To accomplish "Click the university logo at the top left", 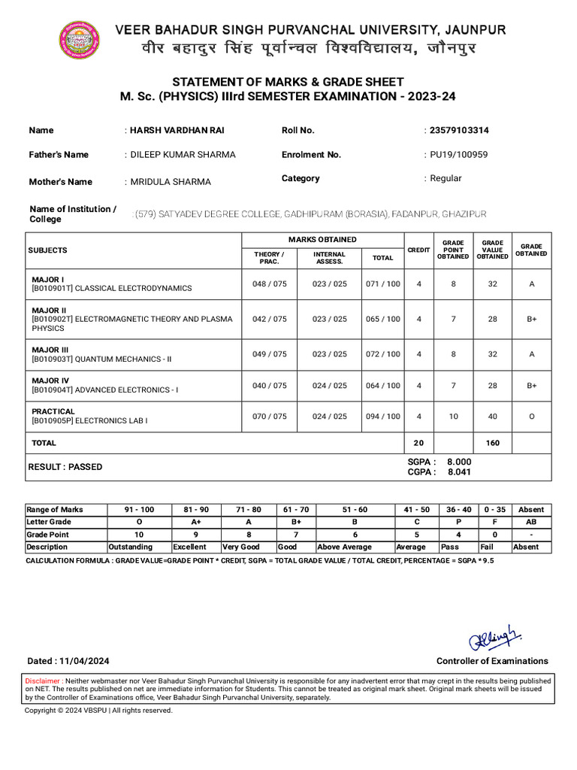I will click(79, 39).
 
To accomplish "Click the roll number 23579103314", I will click(458, 130).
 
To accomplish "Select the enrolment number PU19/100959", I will click(459, 154).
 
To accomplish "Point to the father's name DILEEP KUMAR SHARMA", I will click(183, 154).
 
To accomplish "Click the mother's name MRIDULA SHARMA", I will click(171, 181).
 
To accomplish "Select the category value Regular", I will click(446, 178).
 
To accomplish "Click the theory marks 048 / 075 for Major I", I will click(269, 283).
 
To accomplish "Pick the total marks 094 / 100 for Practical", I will click(382, 417).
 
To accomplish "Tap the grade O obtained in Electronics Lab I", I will click(531, 417).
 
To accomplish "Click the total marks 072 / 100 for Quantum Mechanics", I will click(382, 354).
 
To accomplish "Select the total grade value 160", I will click(492, 443).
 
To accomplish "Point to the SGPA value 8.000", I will click(459, 462).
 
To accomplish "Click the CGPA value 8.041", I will click(459, 472).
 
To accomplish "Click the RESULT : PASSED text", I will click(65, 467).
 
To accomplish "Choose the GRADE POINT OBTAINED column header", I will click(453, 250).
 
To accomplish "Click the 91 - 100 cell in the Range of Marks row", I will click(139, 509).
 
